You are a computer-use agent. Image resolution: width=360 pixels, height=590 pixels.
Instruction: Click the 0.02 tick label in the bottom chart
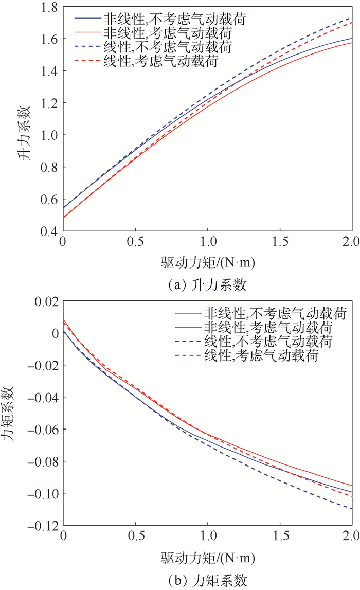(x=46, y=301)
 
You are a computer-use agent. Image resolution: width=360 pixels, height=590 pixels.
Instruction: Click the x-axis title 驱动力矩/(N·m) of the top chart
(x=207, y=263)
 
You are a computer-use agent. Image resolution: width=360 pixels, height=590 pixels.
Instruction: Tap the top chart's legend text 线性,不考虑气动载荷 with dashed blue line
(x=167, y=46)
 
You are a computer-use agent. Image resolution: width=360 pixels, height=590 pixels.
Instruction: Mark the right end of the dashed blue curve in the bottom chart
(x=352, y=509)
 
